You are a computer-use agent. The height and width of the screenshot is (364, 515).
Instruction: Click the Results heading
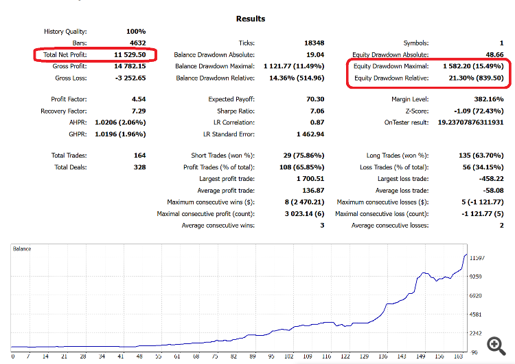[250, 19]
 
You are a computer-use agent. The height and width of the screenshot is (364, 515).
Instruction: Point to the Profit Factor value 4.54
[138, 99]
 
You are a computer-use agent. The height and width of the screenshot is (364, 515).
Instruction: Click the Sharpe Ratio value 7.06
[317, 111]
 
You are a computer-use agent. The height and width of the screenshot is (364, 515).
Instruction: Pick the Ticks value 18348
[312, 43]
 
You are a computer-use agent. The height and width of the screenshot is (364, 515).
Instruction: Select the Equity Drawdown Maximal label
[391, 66]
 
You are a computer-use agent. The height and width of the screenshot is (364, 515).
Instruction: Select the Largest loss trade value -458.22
[489, 179]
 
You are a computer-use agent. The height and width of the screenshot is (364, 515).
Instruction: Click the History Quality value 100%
[135, 31]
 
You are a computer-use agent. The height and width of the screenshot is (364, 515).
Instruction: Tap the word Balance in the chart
[22, 248]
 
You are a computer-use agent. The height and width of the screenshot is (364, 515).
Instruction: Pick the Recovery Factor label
[64, 111]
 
